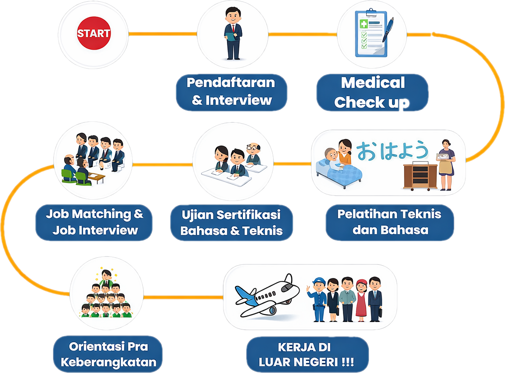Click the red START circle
(94, 33)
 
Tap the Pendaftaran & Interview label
(231, 91)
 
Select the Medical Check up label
(372, 92)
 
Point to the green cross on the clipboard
(364, 24)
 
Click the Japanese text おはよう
(392, 151)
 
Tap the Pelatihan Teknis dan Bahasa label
(390, 222)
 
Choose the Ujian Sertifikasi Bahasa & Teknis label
(231, 223)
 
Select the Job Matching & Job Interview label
(95, 222)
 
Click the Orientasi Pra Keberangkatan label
(108, 355)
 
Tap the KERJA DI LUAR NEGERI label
(307, 355)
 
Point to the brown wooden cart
(420, 176)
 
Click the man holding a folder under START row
(233, 33)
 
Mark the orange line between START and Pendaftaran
(162, 33)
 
